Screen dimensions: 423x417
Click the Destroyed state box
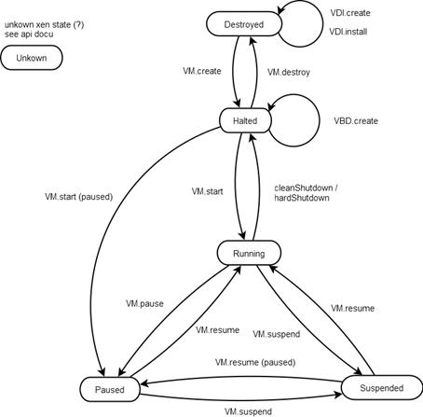click(244, 24)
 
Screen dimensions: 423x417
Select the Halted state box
click(245, 120)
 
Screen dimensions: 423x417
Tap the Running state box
click(249, 253)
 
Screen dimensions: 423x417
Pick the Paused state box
click(110, 389)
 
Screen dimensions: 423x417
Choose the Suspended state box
click(382, 388)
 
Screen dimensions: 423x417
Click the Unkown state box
click(32, 58)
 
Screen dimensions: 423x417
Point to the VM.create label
click(202, 71)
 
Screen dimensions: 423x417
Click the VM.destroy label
click(289, 73)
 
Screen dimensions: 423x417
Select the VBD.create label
click(356, 121)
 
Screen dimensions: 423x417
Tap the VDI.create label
click(350, 13)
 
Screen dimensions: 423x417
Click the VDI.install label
click(348, 32)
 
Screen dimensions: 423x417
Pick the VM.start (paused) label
click(78, 197)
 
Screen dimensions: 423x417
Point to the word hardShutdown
click(302, 198)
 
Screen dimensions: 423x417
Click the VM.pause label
click(144, 303)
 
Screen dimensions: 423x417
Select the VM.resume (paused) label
click(255, 362)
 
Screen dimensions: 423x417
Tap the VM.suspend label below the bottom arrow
click(248, 411)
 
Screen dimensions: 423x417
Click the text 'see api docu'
click(29, 35)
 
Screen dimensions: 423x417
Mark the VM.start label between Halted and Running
click(207, 191)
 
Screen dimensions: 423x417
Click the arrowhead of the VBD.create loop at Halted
click(270, 107)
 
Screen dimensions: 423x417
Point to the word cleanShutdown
click(304, 188)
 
